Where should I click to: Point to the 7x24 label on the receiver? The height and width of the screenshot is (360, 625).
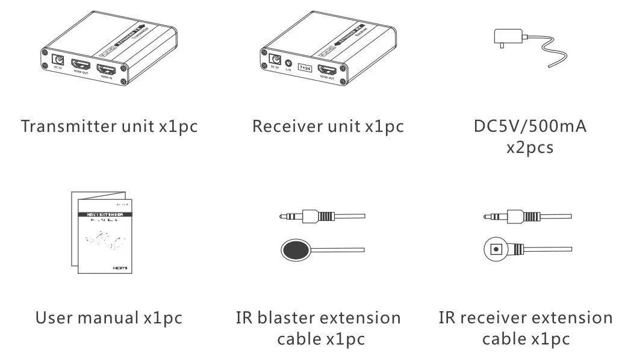[306, 65]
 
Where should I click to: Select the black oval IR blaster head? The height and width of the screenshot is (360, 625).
[296, 249]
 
